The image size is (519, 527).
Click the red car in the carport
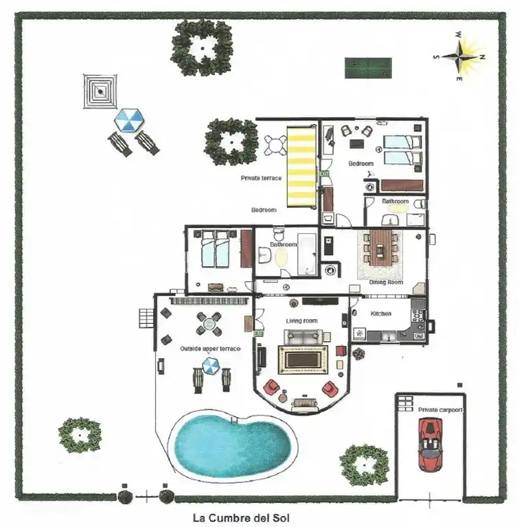point(430,446)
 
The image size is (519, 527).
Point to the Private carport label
point(440,410)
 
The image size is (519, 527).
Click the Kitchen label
point(381,314)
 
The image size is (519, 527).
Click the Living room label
point(301,320)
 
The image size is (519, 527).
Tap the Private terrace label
point(261,178)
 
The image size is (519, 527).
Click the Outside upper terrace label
point(210,349)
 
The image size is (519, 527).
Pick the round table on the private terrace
point(275,145)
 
